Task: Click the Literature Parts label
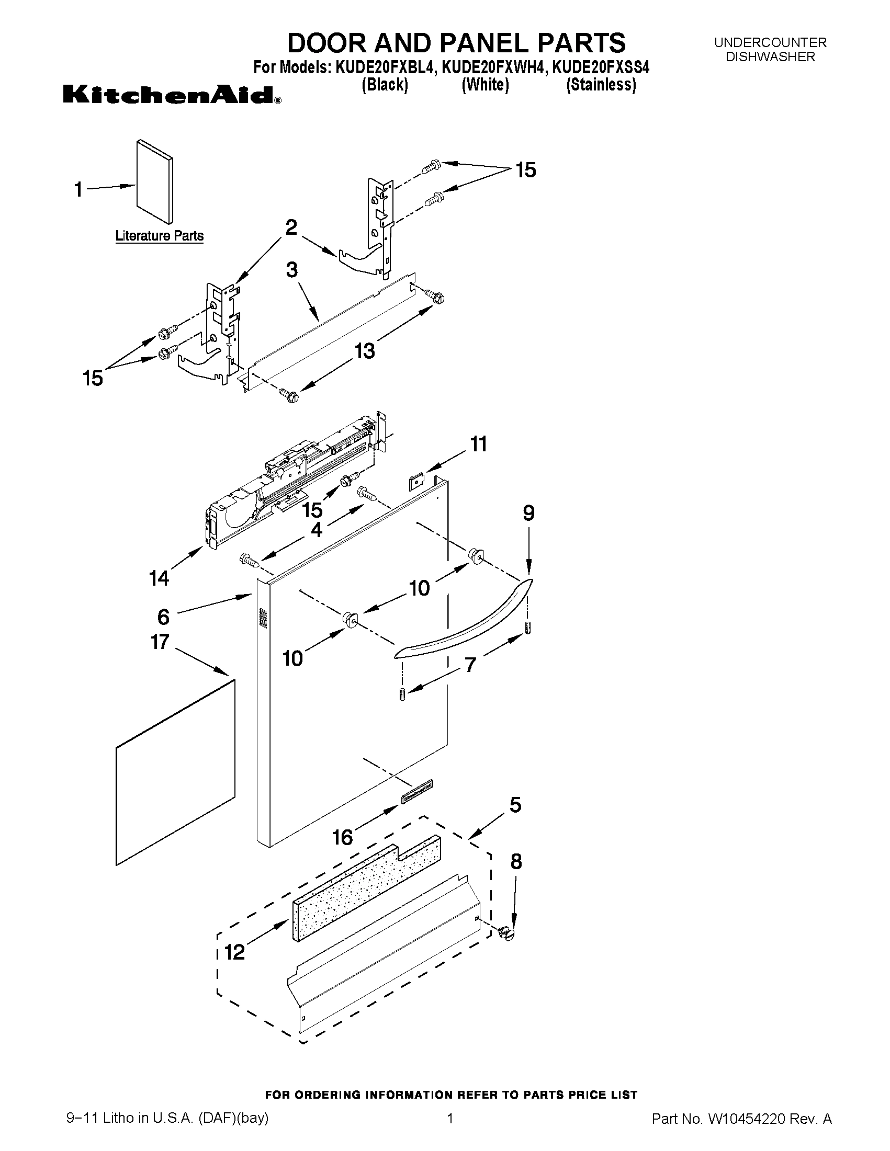(x=159, y=235)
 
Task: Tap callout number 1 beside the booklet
(x=78, y=190)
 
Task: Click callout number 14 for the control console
(x=159, y=578)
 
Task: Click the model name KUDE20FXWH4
(x=491, y=67)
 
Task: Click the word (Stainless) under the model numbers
(x=601, y=85)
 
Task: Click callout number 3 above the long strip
(x=291, y=270)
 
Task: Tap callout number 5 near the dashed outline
(x=515, y=805)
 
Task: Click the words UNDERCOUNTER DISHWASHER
(x=770, y=50)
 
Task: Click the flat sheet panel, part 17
(x=175, y=772)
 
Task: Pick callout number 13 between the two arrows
(x=364, y=350)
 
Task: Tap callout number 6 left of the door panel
(x=163, y=616)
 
